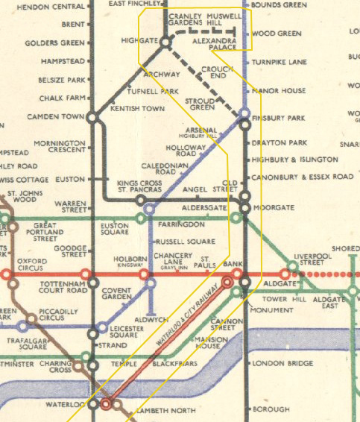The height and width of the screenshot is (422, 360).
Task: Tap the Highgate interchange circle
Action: coord(166,43)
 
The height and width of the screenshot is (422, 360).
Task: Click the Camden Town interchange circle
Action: coord(92,117)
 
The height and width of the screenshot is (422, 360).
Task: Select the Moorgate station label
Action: coord(274,207)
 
